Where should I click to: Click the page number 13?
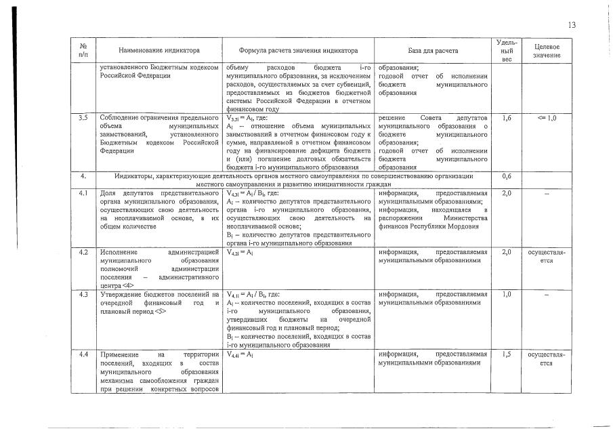pyautogui.click(x=572, y=25)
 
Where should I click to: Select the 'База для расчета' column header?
pyautogui.click(x=433, y=51)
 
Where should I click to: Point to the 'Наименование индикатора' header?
pyautogui.click(x=159, y=51)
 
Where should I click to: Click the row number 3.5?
pyautogui.click(x=83, y=118)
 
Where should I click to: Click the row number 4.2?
pyautogui.click(x=83, y=252)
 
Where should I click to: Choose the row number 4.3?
pyautogui.click(x=83, y=294)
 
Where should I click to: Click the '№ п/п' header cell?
pyautogui.click(x=83, y=51)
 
